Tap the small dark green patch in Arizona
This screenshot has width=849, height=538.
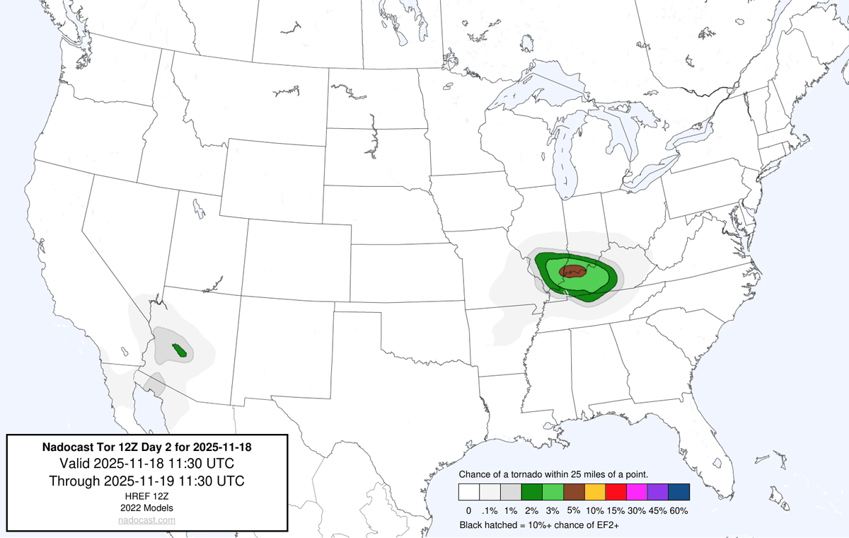180,350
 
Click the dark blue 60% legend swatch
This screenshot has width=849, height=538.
678,492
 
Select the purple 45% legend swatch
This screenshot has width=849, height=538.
657,492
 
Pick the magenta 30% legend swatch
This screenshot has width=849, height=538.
636,492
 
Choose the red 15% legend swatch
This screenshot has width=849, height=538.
615,492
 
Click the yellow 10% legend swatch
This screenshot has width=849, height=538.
594,492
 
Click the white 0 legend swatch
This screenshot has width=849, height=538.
468,492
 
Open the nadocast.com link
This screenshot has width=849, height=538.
146,520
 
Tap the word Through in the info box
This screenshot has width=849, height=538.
74,481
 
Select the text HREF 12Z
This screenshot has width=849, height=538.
147,497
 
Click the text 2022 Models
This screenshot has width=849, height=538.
147,508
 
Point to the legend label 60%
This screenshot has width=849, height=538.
678,510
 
